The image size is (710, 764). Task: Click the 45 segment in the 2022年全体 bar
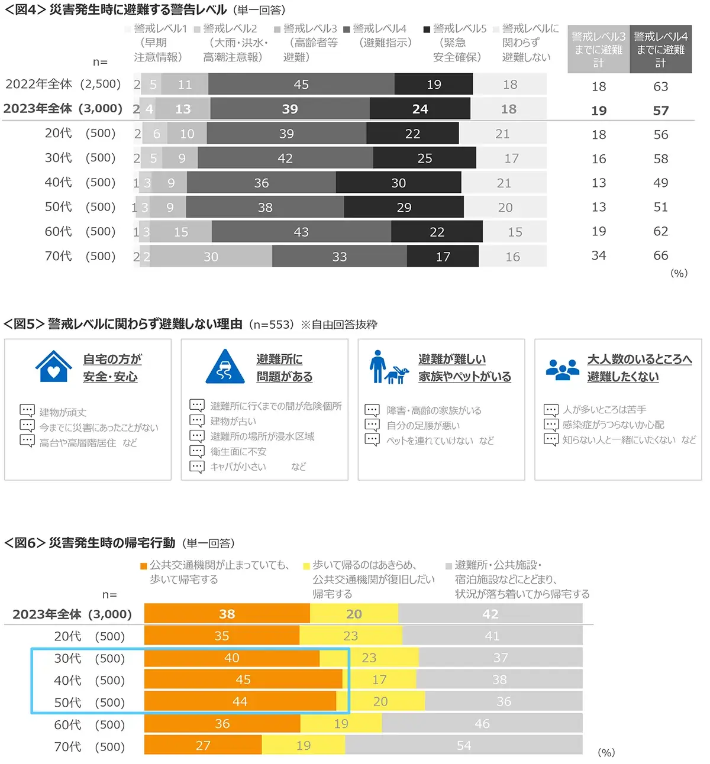[x=301, y=85]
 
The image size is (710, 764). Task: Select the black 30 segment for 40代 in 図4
[x=398, y=183]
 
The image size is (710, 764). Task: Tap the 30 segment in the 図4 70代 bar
[x=211, y=257]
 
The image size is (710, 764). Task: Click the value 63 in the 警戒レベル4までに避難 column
[x=660, y=86]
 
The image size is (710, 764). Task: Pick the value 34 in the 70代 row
[x=599, y=255]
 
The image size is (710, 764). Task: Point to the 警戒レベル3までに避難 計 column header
[x=598, y=50]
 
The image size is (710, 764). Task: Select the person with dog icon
[x=388, y=367]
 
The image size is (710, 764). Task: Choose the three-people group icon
[x=562, y=368]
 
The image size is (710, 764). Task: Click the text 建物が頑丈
[x=63, y=412]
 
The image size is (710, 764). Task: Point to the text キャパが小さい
[x=238, y=467]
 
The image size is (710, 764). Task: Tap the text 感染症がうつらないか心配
[x=613, y=425]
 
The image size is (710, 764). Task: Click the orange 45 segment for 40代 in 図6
[x=243, y=679]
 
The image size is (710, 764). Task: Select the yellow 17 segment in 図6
[x=379, y=679]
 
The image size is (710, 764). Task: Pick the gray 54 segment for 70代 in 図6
[x=464, y=746]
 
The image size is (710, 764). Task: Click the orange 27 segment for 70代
[x=203, y=746]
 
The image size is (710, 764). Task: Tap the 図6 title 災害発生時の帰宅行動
[x=112, y=543]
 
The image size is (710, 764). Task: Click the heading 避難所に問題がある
[x=284, y=368]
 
